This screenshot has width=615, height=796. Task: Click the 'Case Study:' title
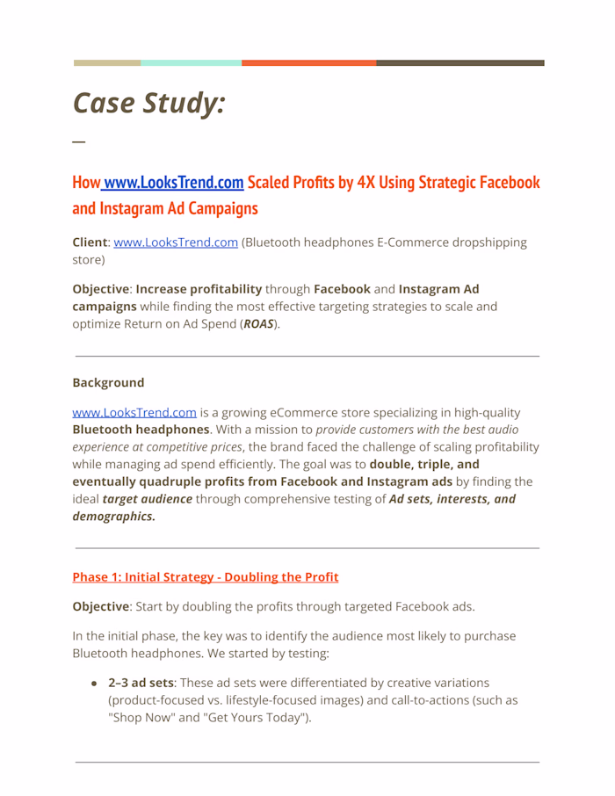148,103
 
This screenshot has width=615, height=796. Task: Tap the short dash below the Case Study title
79,141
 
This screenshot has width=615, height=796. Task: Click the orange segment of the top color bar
308,63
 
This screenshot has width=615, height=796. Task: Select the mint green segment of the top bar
191,63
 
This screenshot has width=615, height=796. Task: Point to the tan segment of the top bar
106,63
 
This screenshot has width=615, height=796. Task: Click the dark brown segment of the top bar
459,63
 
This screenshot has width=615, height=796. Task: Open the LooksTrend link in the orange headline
173,183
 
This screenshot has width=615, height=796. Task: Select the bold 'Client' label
90,242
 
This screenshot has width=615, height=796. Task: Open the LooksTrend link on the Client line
176,242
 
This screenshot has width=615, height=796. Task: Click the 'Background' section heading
108,383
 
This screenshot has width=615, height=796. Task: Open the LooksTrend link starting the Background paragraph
134,412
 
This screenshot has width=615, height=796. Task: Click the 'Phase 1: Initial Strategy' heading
205,577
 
